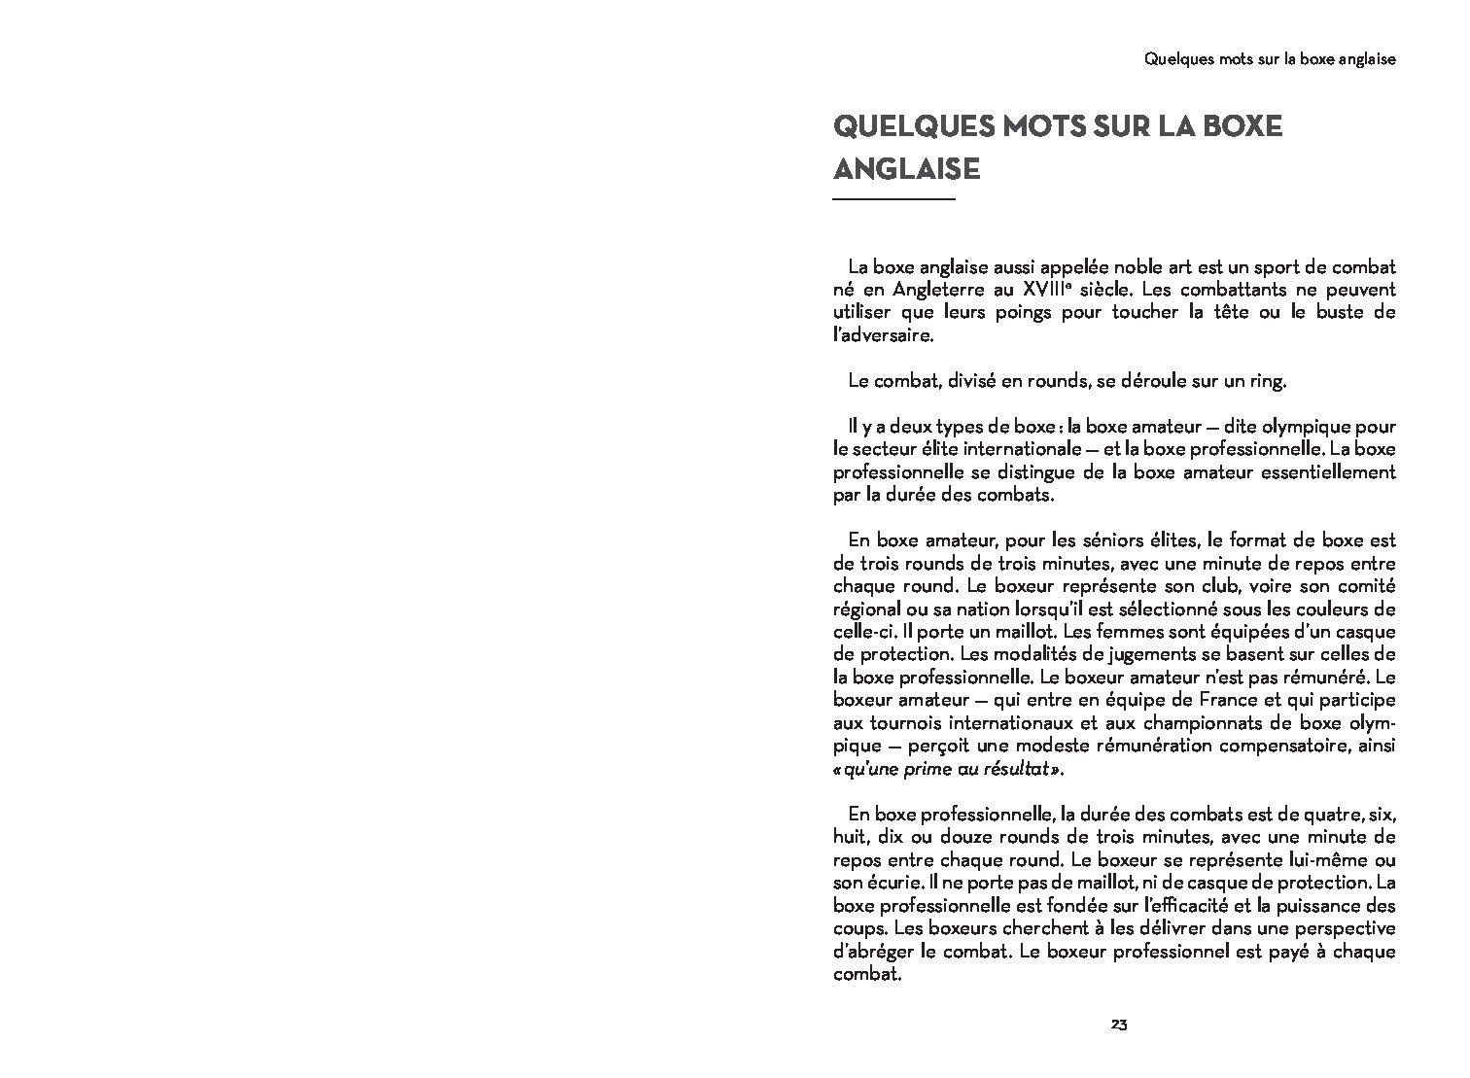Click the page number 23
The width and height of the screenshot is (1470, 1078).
(1118, 1025)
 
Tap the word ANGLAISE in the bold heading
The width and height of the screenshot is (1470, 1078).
(906, 169)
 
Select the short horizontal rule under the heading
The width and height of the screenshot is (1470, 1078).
(894, 200)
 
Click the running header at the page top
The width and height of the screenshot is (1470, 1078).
(1270, 59)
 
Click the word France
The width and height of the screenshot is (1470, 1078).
(1170, 700)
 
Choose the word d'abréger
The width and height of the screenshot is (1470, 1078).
(874, 951)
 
